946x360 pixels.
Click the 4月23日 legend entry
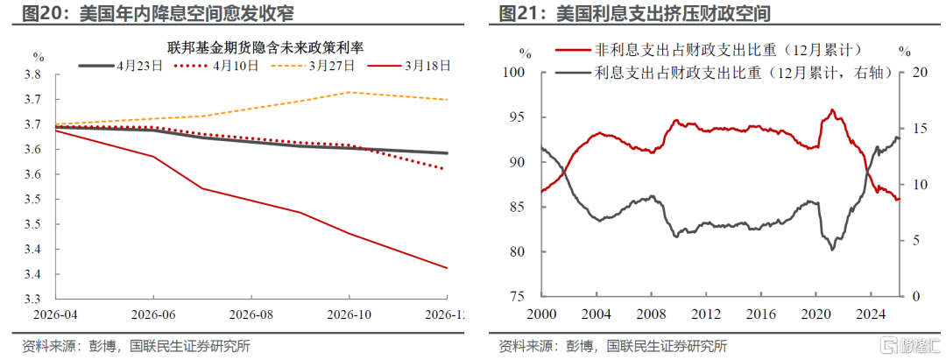(x=121, y=66)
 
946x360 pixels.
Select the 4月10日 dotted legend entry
(x=216, y=66)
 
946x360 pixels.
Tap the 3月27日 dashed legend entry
(x=312, y=66)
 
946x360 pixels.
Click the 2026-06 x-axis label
(x=153, y=314)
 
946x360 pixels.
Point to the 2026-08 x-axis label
(x=251, y=314)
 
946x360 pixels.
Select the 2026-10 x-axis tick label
(x=349, y=314)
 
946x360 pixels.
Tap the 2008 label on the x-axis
(x=652, y=314)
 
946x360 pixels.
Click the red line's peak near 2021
(x=832, y=109)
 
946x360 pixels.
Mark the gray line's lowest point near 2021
(x=833, y=249)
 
